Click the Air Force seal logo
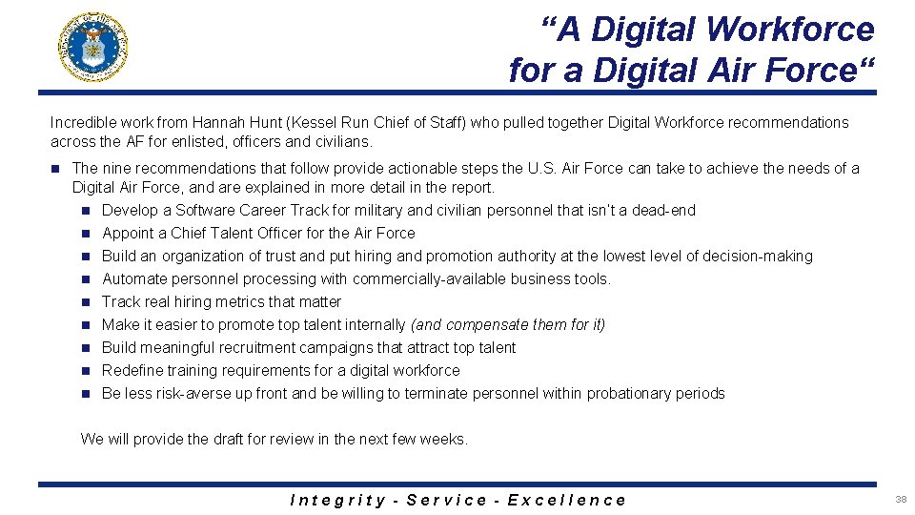tap(92, 47)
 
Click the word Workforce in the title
tap(790, 30)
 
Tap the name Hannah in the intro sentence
tap(217, 122)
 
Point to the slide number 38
tap(901, 499)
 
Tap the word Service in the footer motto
tap(446, 500)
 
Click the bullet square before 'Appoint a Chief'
tap(86, 234)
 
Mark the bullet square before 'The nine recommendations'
tap(56, 169)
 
